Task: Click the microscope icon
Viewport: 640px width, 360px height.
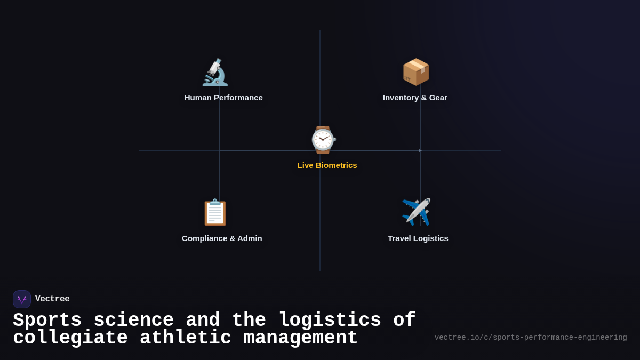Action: pyautogui.click(x=215, y=72)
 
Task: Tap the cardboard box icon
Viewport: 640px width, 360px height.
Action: pyautogui.click(x=416, y=72)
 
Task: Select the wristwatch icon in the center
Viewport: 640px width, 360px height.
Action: pyautogui.click(x=323, y=140)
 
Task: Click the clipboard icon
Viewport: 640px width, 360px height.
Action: pyautogui.click(x=215, y=212)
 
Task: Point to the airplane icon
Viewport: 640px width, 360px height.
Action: pyautogui.click(x=416, y=212)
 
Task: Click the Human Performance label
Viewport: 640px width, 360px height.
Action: pyautogui.click(x=223, y=98)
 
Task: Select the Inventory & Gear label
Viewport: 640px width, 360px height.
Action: pyautogui.click(x=415, y=98)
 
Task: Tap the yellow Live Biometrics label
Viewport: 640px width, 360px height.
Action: pyautogui.click(x=327, y=165)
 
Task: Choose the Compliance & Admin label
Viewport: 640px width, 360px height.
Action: pyautogui.click(x=222, y=238)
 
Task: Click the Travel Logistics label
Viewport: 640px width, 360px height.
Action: pyautogui.click(x=418, y=238)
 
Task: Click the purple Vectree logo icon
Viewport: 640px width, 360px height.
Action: pyautogui.click(x=22, y=299)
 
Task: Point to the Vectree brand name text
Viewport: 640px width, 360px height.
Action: pyautogui.click(x=52, y=299)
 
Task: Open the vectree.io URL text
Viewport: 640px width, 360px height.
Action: pyautogui.click(x=531, y=338)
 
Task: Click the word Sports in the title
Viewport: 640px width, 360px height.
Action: pyautogui.click(x=47, y=321)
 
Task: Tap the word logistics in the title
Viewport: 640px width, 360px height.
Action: pyautogui.click(x=330, y=321)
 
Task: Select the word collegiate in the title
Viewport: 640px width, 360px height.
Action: pyautogui.click(x=70, y=338)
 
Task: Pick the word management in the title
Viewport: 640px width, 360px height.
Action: pyautogui.click(x=300, y=338)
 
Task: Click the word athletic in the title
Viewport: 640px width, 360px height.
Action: pyautogui.click(x=186, y=338)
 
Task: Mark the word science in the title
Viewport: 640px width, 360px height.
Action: pyautogui.click(x=133, y=321)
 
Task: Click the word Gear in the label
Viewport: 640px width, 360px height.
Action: pyautogui.click(x=437, y=98)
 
